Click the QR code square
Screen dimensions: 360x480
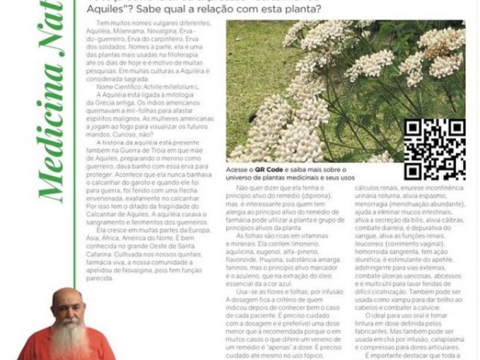tap(434, 149)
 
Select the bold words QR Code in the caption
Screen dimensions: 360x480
tap(267, 170)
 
